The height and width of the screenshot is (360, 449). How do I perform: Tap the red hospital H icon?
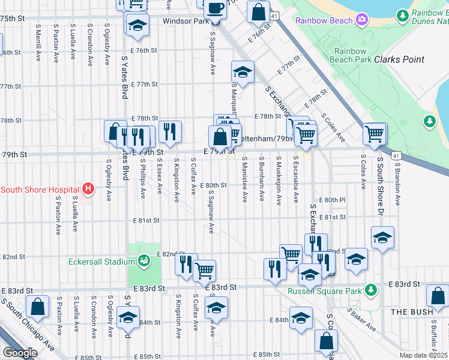[88, 190]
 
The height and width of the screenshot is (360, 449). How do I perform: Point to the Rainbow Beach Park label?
[354, 56]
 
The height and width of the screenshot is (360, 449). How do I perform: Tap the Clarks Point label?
[399, 59]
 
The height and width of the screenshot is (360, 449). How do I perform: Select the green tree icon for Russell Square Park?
[372, 290]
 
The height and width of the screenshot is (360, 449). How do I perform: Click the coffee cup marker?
[215, 8]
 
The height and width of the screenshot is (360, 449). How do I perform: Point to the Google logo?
[20, 353]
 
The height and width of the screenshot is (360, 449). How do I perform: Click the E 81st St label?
[146, 220]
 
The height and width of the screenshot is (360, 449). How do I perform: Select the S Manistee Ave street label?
[245, 180]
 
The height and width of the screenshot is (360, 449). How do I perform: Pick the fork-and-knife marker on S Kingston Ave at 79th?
[170, 131]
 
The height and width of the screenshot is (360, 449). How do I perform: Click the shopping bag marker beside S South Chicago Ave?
[37, 307]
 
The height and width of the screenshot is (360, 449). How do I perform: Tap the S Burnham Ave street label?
[262, 179]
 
